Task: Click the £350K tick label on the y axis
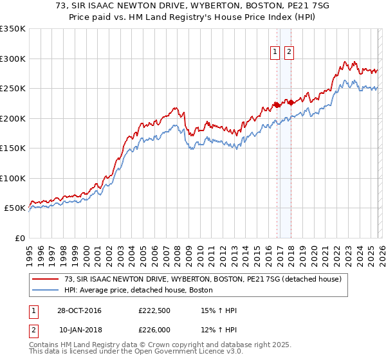pyautogui.click(x=13, y=29)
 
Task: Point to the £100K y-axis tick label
pyautogui.click(x=13, y=178)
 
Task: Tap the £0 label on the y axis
pyautogui.click(x=19, y=238)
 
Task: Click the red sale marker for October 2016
pyautogui.click(x=277, y=105)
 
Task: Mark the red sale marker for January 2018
pyautogui.click(x=291, y=102)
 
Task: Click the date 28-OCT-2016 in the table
pyautogui.click(x=80, y=310)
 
